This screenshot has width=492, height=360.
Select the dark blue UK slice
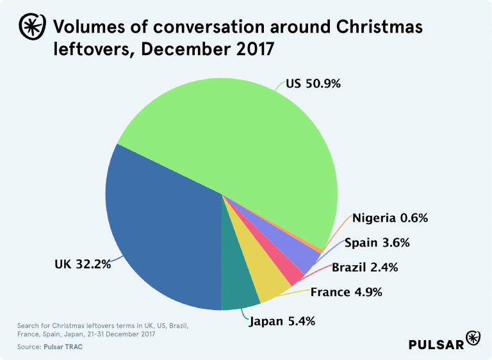click(160, 231)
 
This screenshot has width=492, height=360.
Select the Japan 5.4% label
click(281, 321)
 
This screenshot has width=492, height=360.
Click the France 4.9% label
click(346, 292)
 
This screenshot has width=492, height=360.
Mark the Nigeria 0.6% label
click(389, 218)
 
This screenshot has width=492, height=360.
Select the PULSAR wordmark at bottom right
click(437, 343)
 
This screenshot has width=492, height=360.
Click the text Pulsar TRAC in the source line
click(63, 347)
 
